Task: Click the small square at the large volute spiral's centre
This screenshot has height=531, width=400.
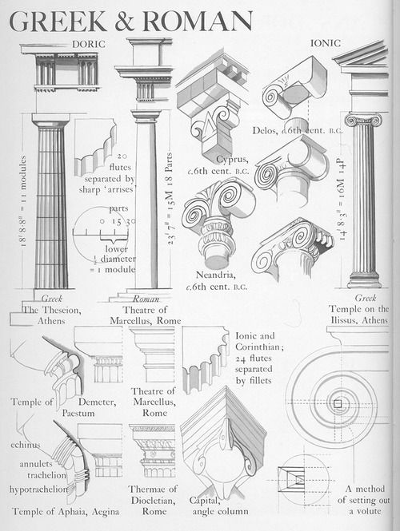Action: click(x=338, y=403)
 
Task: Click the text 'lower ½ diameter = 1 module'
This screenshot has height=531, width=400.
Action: click(x=100, y=260)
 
